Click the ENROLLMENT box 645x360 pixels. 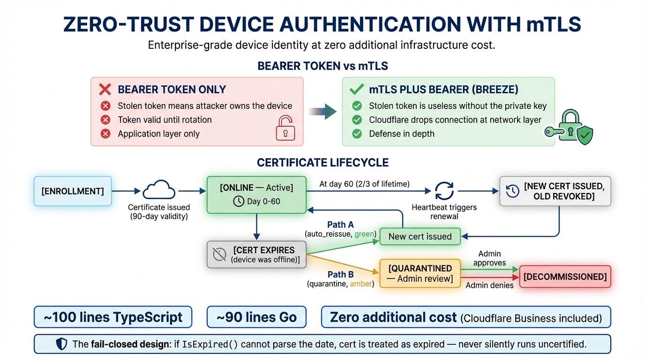(x=73, y=191)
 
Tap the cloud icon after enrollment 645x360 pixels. (x=159, y=190)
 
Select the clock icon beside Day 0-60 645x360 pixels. (x=239, y=201)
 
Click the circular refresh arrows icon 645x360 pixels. (x=443, y=191)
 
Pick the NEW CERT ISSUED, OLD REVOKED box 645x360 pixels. (x=555, y=191)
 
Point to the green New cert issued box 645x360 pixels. (x=420, y=236)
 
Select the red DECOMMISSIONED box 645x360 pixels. (x=565, y=277)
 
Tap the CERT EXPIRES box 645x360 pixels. (x=256, y=255)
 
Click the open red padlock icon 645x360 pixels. (x=285, y=128)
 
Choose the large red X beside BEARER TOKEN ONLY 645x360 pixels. (x=105, y=90)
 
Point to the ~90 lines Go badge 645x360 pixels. (x=256, y=317)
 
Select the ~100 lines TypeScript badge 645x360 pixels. (x=113, y=317)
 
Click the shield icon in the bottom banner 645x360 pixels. (x=61, y=344)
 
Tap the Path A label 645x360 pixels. (x=340, y=225)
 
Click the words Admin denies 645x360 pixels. (x=489, y=285)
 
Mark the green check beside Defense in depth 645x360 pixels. (x=357, y=134)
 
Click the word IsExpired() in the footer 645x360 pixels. (x=213, y=344)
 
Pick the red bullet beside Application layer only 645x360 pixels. (x=106, y=134)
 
